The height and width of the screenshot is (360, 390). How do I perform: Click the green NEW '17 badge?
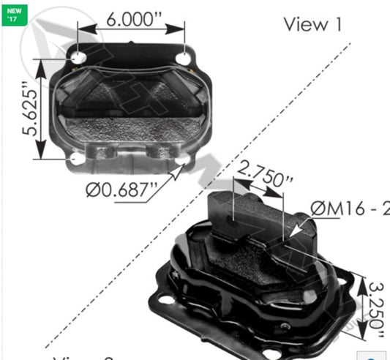(x=15, y=14)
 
